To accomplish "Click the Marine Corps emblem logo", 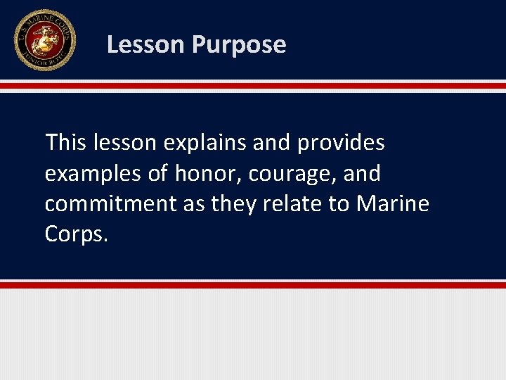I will coord(44,39).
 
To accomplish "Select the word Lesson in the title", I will coord(145,45).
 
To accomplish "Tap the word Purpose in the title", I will coord(239,45).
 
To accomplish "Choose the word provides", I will coord(341,144).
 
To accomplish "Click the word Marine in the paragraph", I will coord(393,204).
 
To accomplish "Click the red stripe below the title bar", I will coord(253,86).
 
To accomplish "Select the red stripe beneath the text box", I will coord(253,285).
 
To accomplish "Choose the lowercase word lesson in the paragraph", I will coord(128,143).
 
